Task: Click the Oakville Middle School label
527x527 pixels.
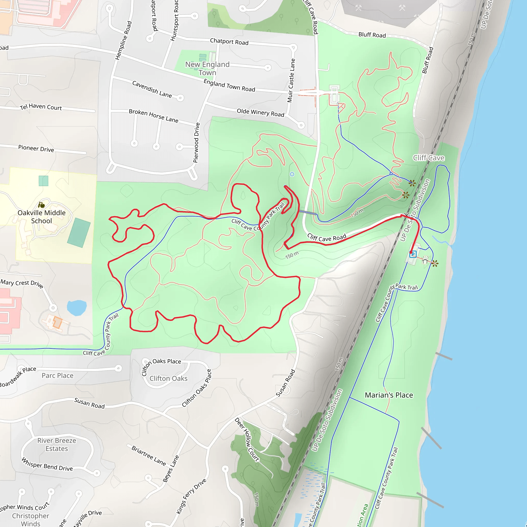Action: [41, 217]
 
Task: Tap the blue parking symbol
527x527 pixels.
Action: [413, 254]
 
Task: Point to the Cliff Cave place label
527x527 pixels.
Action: [428, 158]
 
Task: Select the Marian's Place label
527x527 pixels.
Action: [389, 395]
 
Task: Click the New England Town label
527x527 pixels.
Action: [207, 68]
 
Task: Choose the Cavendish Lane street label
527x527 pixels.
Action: [152, 89]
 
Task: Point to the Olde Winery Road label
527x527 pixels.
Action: [260, 113]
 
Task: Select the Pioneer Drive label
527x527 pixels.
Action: [36, 148]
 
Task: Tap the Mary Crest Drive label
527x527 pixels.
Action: [22, 283]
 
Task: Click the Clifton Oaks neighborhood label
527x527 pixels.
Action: [168, 379]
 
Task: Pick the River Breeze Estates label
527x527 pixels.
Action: [57, 445]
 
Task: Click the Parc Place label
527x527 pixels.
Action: [58, 376]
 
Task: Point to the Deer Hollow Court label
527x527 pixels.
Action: [247, 440]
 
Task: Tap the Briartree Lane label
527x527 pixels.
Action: [149, 456]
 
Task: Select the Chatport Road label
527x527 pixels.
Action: [229, 42]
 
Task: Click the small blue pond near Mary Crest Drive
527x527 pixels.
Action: [77, 308]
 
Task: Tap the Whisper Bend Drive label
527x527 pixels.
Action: [47, 464]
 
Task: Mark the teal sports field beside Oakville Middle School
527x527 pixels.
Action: [79, 233]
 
